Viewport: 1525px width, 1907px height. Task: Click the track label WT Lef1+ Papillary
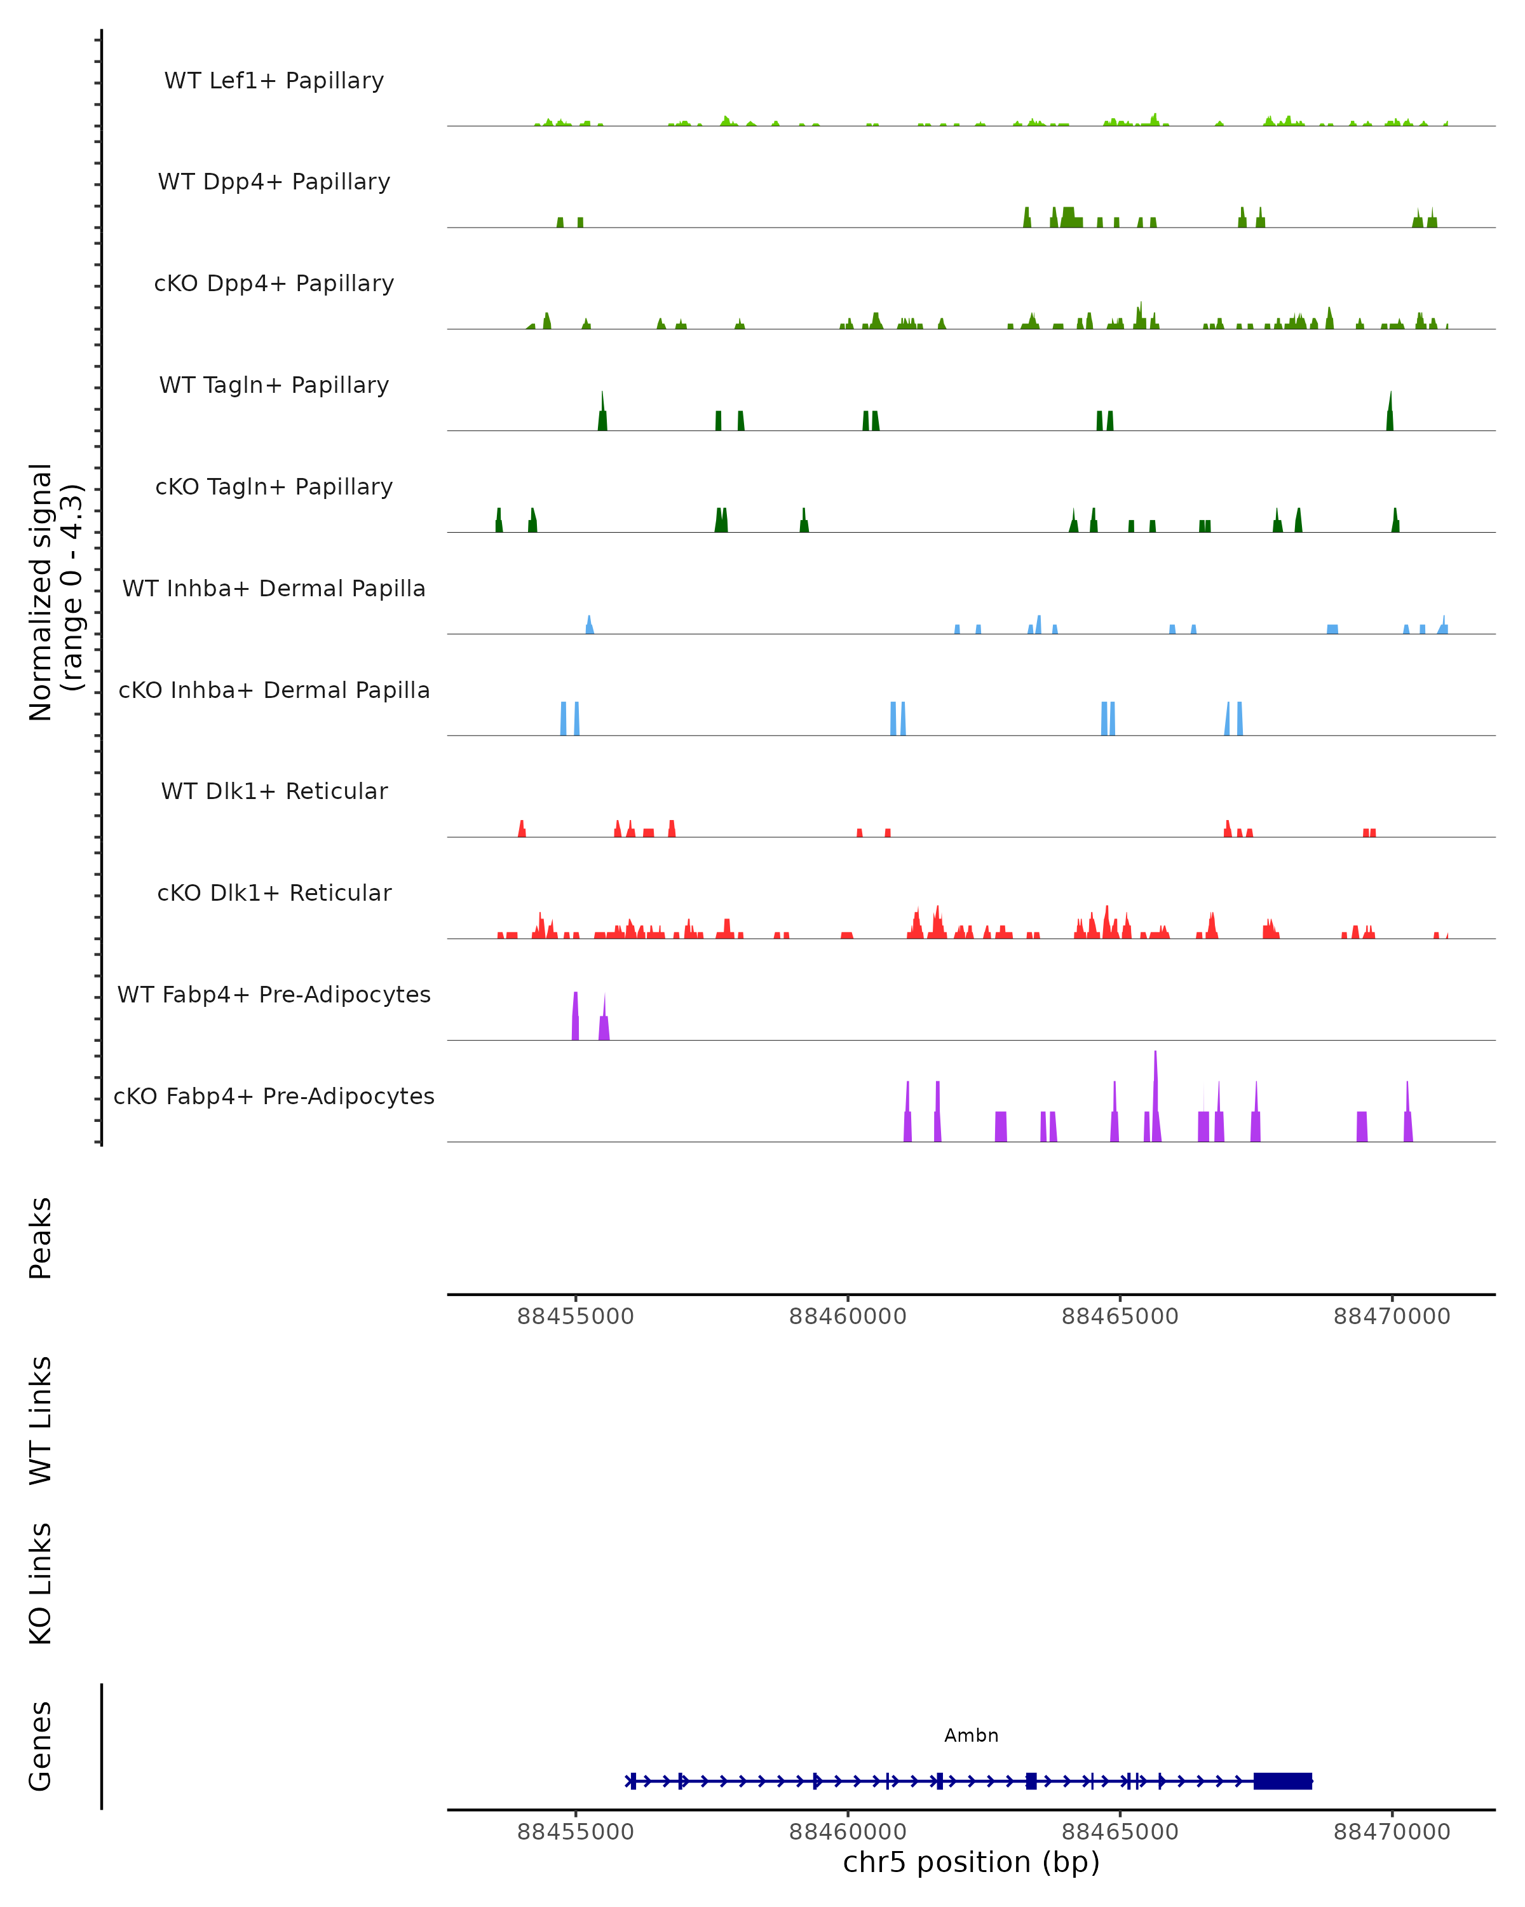(274, 81)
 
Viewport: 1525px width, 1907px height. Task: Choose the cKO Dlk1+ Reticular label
(274, 892)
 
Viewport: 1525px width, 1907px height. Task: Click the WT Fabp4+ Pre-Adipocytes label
(274, 994)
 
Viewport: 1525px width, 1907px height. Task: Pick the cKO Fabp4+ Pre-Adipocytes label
(274, 1096)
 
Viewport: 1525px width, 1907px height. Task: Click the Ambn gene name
(971, 1735)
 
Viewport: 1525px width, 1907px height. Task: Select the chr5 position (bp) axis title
(971, 1862)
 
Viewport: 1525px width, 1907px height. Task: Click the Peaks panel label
(41, 1238)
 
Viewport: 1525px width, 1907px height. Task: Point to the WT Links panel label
(41, 1419)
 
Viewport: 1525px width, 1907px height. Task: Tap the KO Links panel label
(41, 1583)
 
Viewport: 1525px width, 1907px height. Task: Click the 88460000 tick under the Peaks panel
(847, 1316)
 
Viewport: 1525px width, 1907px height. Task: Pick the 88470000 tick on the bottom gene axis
(1392, 1832)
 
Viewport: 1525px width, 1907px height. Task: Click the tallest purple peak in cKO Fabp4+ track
(1155, 1097)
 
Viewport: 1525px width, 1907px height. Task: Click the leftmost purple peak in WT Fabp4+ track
(576, 1017)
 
